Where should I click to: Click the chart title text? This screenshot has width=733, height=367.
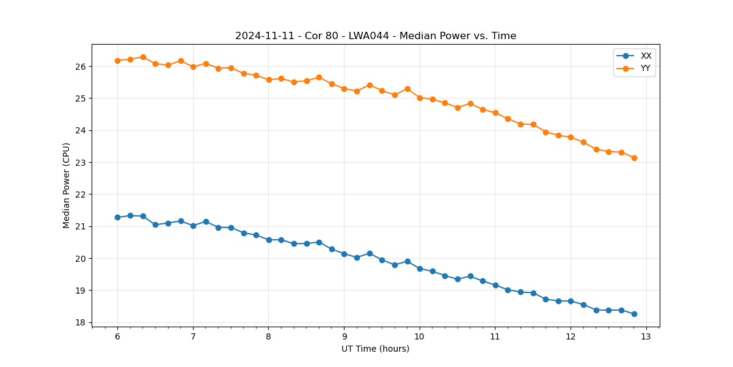(376, 36)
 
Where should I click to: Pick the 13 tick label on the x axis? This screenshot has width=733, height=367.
(646, 336)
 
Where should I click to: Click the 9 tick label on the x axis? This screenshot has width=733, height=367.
(344, 336)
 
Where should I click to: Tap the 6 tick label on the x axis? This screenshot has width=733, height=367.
(117, 336)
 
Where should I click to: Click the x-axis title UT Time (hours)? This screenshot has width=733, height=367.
(376, 349)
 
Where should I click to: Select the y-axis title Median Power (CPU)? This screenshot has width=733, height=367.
(67, 185)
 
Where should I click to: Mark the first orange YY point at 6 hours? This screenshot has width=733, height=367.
(117, 61)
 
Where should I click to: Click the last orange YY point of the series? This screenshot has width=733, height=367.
(634, 158)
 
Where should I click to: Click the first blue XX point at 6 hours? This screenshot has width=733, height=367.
(117, 217)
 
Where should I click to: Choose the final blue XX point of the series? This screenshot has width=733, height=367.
(634, 314)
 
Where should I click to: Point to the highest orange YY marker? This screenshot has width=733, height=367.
(143, 57)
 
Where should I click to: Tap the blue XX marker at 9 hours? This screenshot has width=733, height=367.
(344, 254)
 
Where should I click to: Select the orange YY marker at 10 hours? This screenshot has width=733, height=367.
(420, 98)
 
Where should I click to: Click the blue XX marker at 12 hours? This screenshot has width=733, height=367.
(571, 301)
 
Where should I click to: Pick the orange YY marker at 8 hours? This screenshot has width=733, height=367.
(269, 80)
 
